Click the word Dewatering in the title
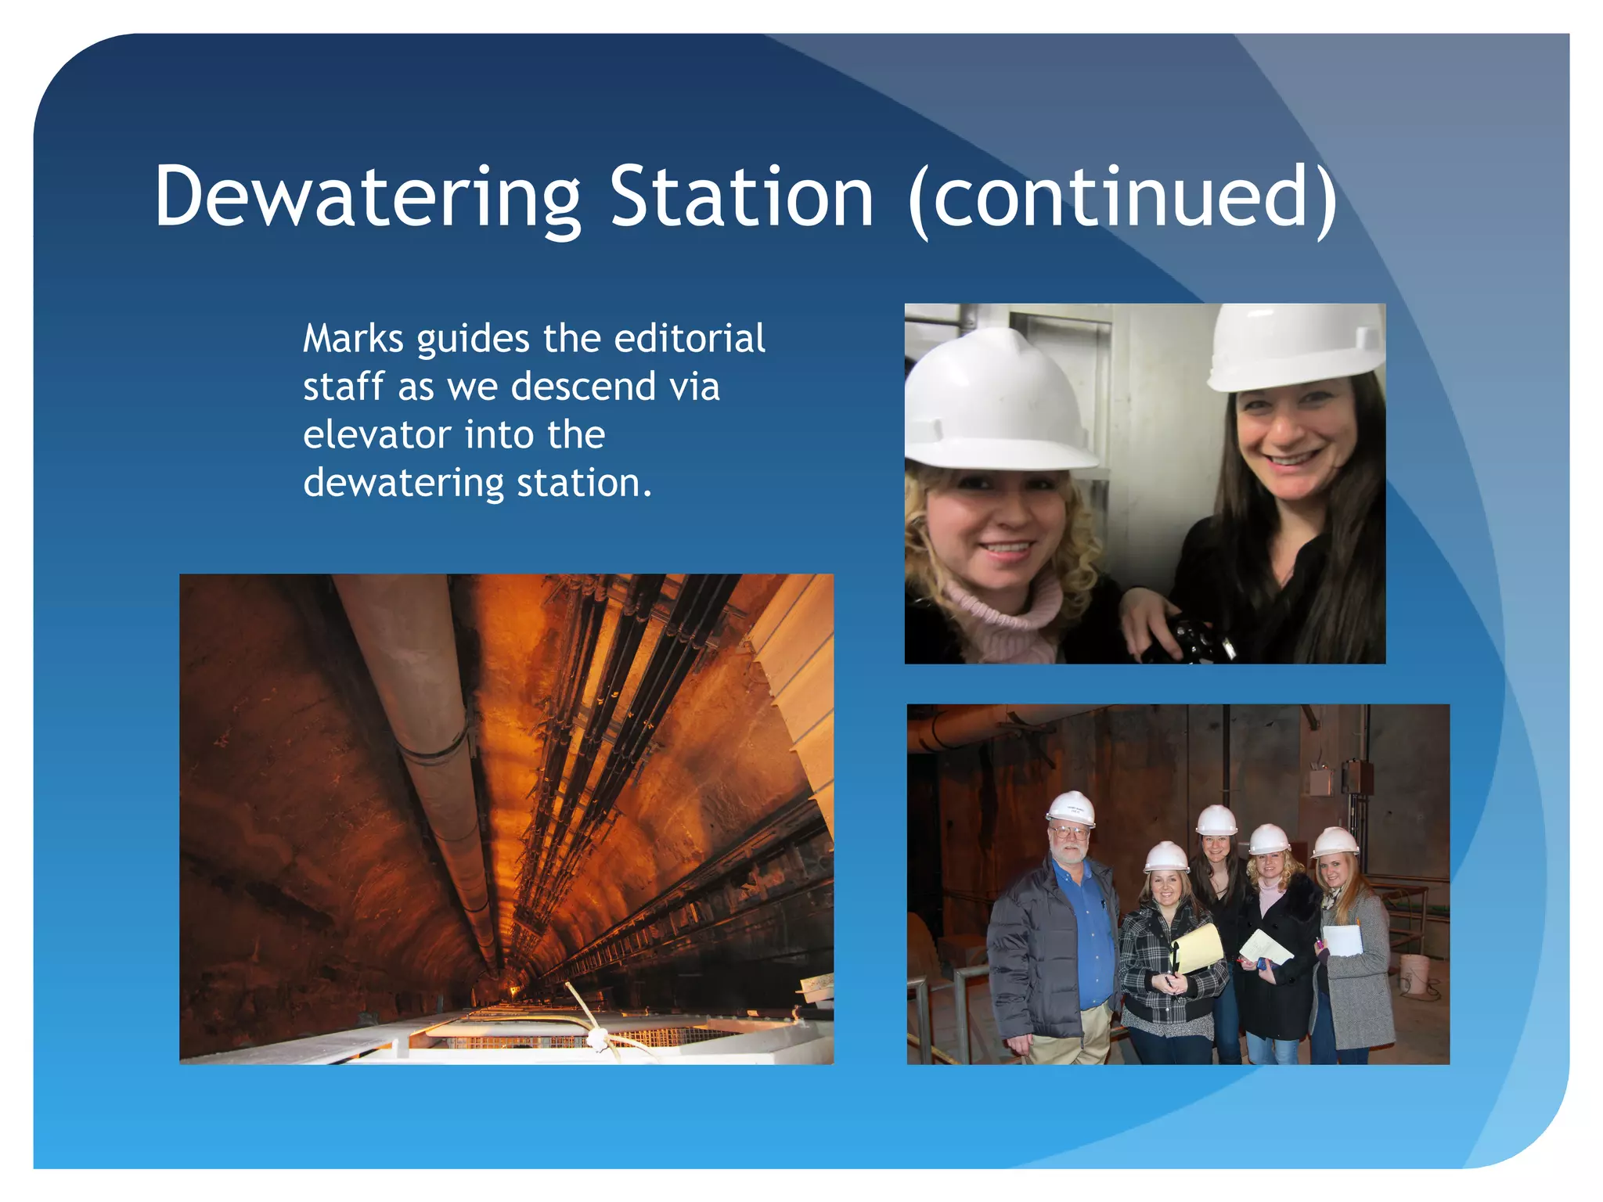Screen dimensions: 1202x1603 (x=368, y=197)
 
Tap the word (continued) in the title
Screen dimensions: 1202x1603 (x=1122, y=197)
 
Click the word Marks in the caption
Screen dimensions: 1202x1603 (x=353, y=339)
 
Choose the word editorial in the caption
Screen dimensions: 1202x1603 (x=689, y=339)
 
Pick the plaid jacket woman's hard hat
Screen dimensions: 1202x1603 (x=1166, y=856)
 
